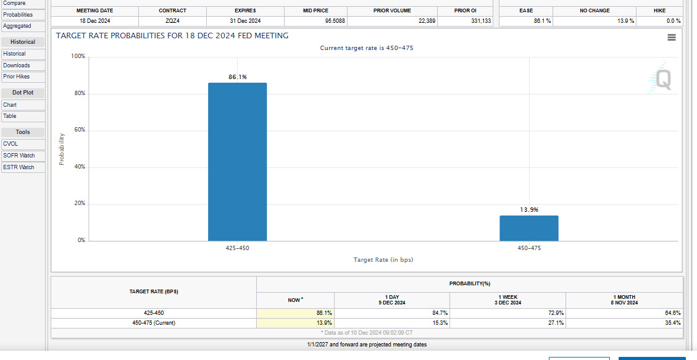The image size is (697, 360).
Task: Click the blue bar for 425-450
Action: (237, 162)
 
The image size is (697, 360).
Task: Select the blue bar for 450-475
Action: (528, 228)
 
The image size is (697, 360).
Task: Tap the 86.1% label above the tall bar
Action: (237, 77)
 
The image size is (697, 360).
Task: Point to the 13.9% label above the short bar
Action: (528, 210)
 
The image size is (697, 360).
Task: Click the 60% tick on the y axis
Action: (80, 130)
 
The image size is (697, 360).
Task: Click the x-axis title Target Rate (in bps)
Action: (383, 260)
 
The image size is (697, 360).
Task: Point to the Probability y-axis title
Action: (61, 149)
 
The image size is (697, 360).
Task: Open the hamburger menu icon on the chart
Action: (672, 38)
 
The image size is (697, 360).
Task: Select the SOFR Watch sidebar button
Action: (23, 156)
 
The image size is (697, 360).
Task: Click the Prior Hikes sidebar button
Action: (23, 77)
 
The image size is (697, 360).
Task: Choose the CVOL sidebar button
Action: (23, 144)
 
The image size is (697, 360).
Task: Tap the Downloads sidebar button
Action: (23, 65)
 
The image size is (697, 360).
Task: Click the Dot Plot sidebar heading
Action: (23, 93)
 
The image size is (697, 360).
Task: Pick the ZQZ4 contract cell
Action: (172, 21)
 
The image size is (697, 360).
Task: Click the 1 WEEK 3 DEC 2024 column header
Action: (508, 299)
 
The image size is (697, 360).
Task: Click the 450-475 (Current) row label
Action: (154, 323)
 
